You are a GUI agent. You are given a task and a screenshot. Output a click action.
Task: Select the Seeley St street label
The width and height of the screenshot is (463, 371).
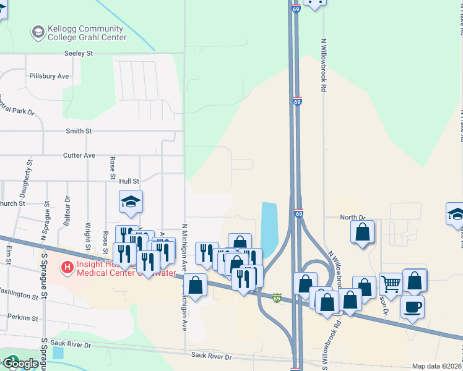79,54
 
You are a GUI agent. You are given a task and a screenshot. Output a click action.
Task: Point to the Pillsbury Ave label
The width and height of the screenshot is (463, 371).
49,76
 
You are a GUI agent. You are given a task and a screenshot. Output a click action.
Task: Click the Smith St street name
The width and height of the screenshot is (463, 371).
79,131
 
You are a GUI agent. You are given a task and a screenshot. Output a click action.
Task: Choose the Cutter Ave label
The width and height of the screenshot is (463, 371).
79,155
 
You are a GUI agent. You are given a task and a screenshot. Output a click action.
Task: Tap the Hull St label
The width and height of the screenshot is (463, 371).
128,181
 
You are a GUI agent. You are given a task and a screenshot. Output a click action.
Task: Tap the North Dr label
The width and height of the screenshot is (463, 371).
353,218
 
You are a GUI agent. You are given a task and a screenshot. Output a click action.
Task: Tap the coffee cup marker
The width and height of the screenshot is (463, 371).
412,306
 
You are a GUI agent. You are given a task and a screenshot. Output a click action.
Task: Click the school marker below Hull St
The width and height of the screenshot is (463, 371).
131,202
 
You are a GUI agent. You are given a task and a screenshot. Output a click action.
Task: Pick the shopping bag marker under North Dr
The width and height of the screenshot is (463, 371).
363,232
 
